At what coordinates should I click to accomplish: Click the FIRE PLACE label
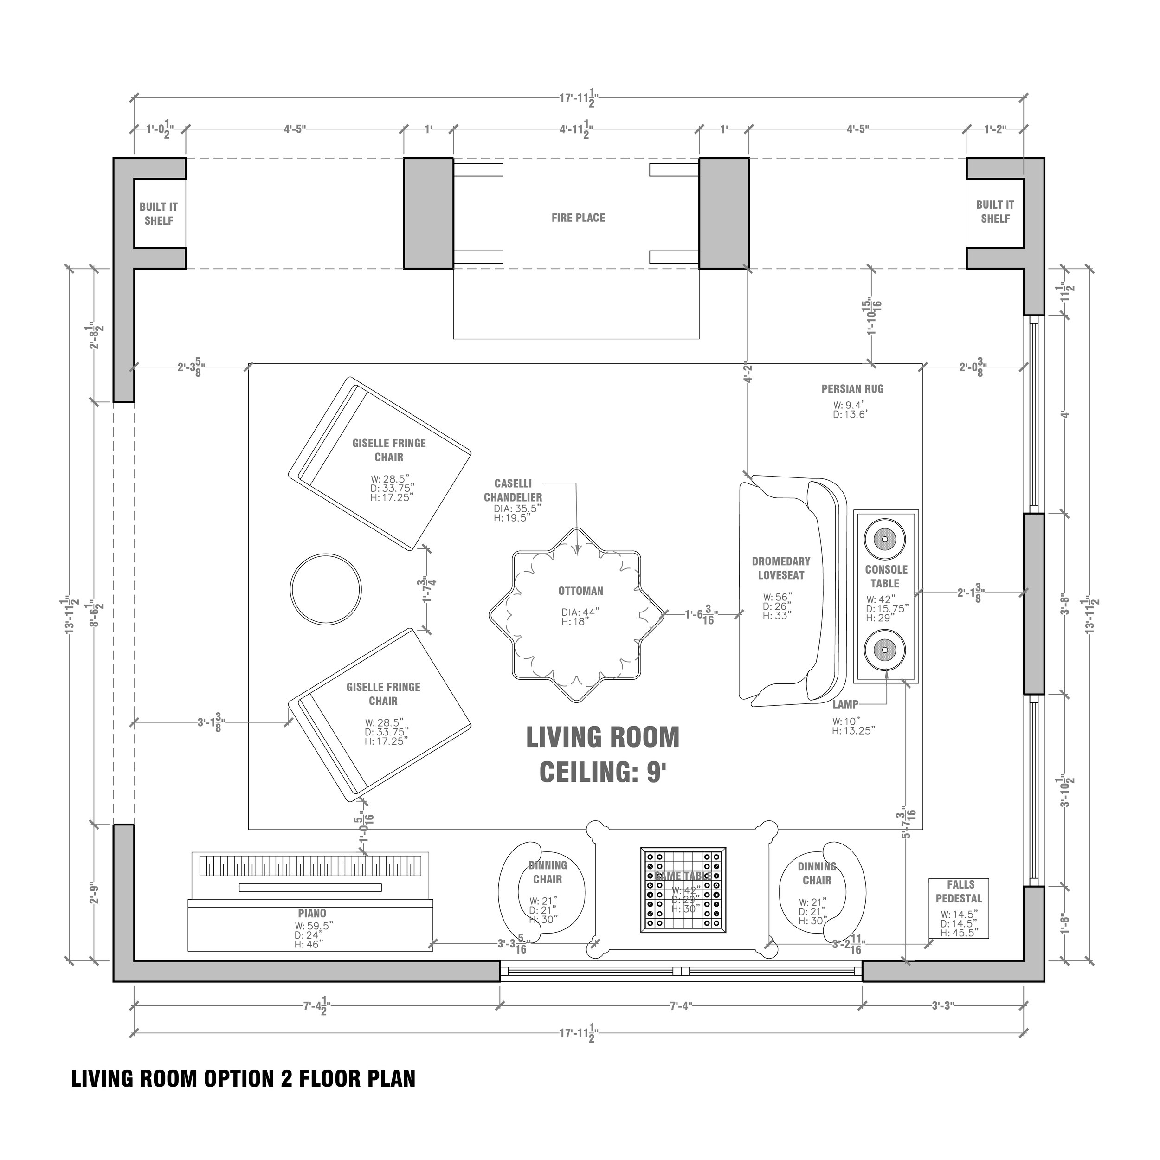(x=578, y=218)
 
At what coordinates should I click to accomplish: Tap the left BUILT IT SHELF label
(x=159, y=214)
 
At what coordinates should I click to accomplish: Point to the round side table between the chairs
(x=326, y=590)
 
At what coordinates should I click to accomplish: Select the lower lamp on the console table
(x=884, y=650)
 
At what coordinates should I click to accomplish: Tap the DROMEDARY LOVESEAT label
(x=780, y=568)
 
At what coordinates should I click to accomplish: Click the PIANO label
(x=312, y=914)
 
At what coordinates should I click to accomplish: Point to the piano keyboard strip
(x=310, y=866)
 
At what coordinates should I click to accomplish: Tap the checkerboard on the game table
(x=683, y=890)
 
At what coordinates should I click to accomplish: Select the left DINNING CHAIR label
(x=548, y=872)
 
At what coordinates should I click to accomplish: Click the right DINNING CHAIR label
(x=817, y=874)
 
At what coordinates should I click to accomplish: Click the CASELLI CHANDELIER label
(x=513, y=490)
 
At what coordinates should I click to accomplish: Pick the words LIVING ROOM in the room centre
(x=602, y=737)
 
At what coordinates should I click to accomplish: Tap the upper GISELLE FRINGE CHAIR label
(x=389, y=450)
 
